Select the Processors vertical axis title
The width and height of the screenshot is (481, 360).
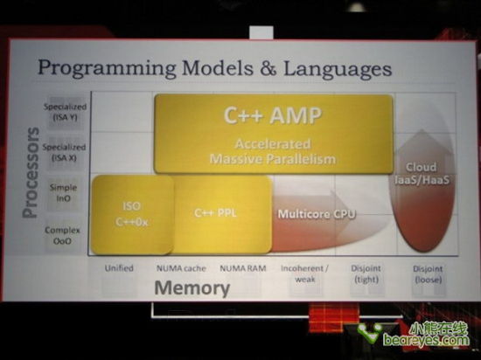click(31, 171)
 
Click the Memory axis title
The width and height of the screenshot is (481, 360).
click(192, 288)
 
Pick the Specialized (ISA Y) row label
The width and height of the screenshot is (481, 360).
click(66, 110)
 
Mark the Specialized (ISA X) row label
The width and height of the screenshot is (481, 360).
click(66, 153)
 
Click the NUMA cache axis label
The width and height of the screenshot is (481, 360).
click(181, 267)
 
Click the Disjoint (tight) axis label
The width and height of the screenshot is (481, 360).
click(365, 273)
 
